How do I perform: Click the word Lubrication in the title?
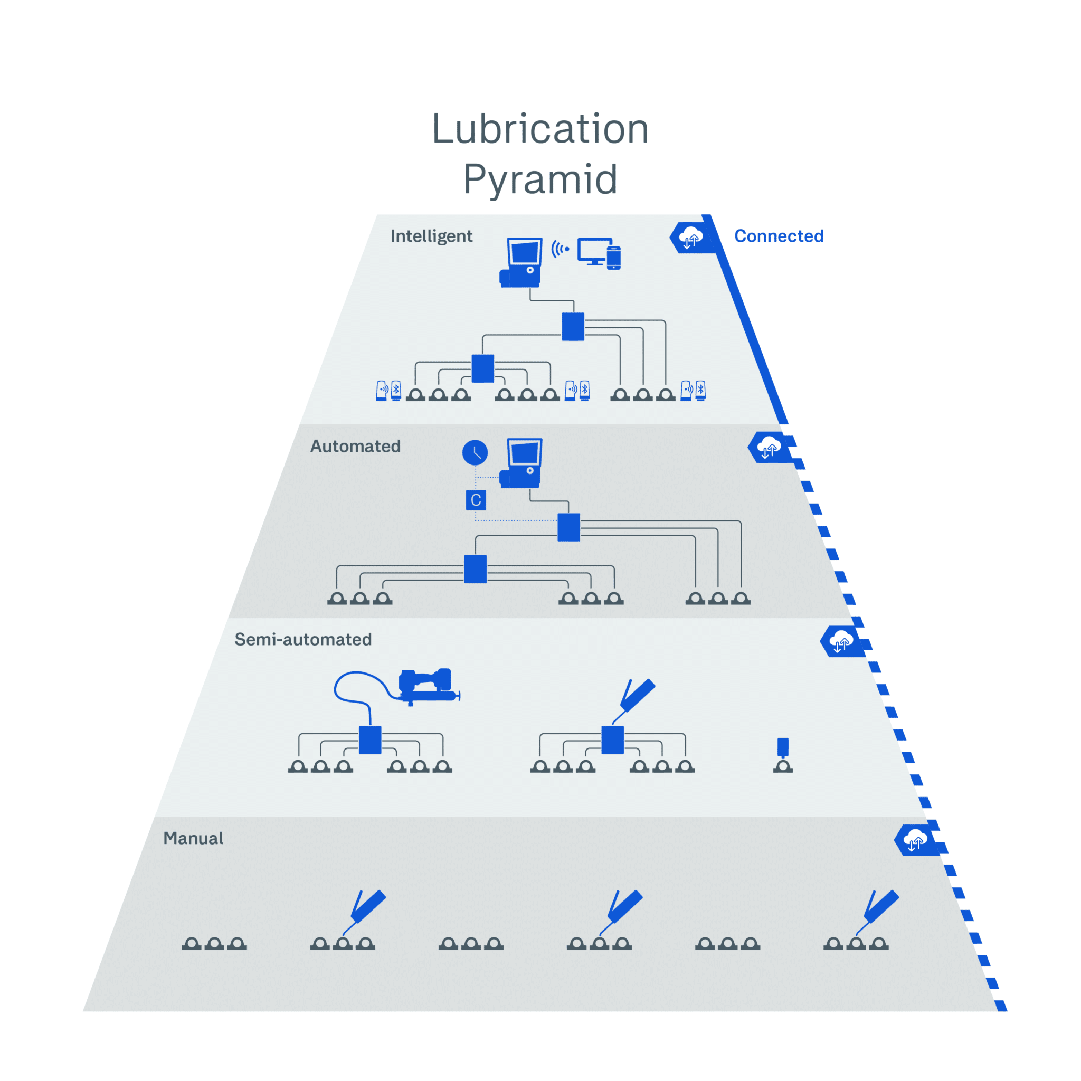540,129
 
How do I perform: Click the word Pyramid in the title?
540,179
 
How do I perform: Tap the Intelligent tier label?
431,236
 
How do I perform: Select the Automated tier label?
355,446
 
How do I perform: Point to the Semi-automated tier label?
302,639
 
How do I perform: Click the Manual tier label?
193,838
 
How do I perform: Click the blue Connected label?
779,236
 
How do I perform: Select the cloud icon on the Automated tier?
769,448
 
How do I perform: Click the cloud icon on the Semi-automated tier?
841,641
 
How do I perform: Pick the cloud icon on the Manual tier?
915,840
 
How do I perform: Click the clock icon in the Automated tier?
475,453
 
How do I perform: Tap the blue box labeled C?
476,500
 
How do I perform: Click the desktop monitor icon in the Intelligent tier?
594,251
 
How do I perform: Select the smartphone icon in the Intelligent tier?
614,258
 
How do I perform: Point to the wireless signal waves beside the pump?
560,249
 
